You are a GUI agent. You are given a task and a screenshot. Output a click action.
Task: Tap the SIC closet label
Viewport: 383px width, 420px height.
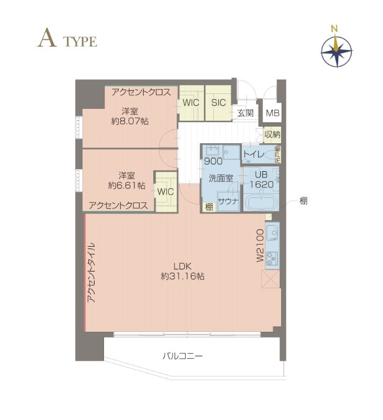219,102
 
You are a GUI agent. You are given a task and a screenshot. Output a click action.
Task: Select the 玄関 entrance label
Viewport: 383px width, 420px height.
245,113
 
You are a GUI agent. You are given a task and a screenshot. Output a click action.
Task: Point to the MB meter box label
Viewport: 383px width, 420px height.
272,113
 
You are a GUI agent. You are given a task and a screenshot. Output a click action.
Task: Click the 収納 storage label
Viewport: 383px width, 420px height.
272,135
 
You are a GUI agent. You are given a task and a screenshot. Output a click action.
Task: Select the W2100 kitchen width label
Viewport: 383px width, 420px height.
260,246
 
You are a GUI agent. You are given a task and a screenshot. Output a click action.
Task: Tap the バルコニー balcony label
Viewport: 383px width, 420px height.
182,356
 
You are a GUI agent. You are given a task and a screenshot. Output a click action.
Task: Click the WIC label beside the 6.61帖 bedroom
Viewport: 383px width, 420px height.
165,192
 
